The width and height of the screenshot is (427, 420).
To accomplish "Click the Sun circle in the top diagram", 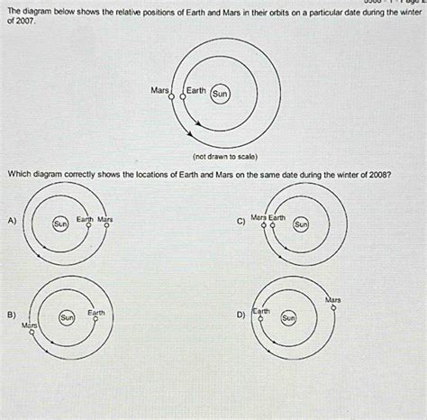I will pos(221,93).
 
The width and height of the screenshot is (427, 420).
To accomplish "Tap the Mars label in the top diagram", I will pos(160,90).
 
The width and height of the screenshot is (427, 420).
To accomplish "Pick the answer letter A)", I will pos(11,221).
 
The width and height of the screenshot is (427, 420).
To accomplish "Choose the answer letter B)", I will pos(11,315).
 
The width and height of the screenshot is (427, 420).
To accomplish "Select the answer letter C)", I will pos(240,221).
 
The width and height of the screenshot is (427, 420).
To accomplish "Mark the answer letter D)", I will pos(240,315).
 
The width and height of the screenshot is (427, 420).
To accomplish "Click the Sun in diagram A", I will pos(60,222).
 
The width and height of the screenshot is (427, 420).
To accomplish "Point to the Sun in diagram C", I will pos(301,223).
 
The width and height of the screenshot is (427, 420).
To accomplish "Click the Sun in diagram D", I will pos(288,317).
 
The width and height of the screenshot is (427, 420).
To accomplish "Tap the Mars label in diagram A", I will pos(104,219).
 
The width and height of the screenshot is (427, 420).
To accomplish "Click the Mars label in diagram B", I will pos(30,324).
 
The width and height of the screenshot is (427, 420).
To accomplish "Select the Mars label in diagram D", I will pos(332,298).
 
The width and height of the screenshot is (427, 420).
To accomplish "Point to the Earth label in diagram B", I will pos(95,312).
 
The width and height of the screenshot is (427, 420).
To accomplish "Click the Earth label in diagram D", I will pos(261,311).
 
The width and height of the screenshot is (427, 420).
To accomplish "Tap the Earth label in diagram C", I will pos(277,217).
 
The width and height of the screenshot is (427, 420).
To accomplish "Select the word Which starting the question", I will pos(20,174).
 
